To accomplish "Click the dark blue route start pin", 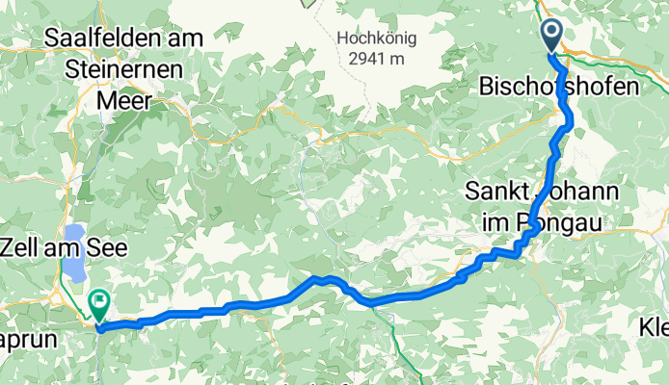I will click(552, 35).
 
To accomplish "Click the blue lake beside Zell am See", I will click(74, 253).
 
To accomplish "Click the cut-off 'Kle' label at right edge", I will click(654, 328).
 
